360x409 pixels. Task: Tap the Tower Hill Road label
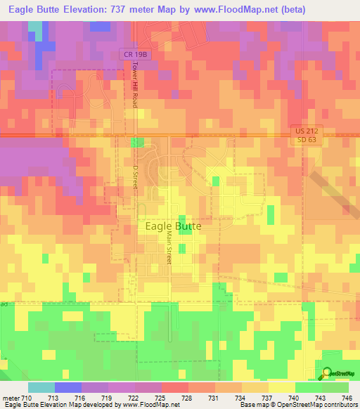point(135,83)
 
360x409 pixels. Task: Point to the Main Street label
point(169,249)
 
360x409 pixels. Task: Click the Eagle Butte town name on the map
point(173,226)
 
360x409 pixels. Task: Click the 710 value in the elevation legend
point(27,398)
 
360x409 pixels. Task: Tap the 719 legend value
point(108,398)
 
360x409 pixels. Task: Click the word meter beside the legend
point(11,398)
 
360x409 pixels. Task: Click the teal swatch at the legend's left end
point(41,387)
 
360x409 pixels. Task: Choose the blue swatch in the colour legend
point(67,387)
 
